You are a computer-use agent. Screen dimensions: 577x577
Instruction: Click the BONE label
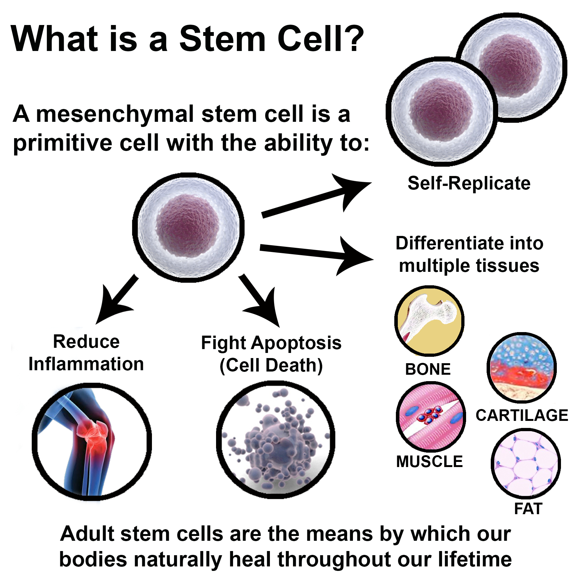(428, 369)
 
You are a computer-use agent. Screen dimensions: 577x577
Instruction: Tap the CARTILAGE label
(522, 415)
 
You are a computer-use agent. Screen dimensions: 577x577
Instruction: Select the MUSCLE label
(429, 462)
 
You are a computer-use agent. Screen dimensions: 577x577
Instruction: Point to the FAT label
(528, 509)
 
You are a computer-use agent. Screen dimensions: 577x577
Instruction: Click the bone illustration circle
(429, 321)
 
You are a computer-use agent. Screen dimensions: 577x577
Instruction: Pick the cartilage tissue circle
(522, 368)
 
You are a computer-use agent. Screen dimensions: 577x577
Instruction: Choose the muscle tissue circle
(431, 416)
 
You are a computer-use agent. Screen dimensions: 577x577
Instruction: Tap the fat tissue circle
(526, 464)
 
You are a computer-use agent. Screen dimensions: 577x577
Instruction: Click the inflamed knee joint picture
(92, 441)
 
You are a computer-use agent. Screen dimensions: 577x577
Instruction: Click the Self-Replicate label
(469, 183)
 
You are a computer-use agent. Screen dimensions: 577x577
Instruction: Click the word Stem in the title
(222, 39)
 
